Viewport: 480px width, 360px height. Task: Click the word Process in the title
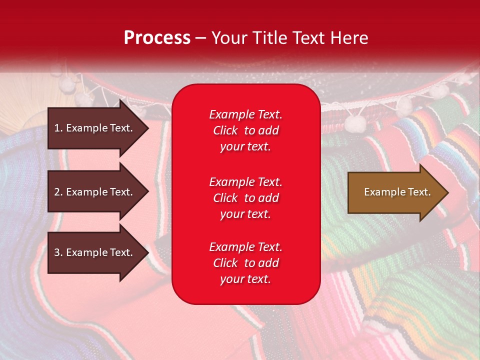coord(157,38)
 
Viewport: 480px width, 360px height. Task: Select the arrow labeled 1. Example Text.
coord(95,128)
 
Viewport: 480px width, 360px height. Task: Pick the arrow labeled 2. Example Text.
coord(95,192)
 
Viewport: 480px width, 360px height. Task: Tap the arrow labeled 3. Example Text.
coord(95,252)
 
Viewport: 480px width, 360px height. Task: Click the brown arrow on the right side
coord(395,192)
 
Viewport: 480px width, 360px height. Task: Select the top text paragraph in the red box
coord(245,130)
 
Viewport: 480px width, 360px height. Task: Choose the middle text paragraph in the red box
coord(245,198)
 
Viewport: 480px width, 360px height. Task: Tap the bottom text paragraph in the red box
coord(245,263)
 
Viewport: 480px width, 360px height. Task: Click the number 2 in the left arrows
coord(57,192)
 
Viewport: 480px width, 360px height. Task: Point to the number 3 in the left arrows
coord(57,252)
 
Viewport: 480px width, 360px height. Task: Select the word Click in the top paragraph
coord(225,130)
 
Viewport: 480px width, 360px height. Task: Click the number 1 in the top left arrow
coord(56,128)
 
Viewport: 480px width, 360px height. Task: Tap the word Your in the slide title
coord(229,38)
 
